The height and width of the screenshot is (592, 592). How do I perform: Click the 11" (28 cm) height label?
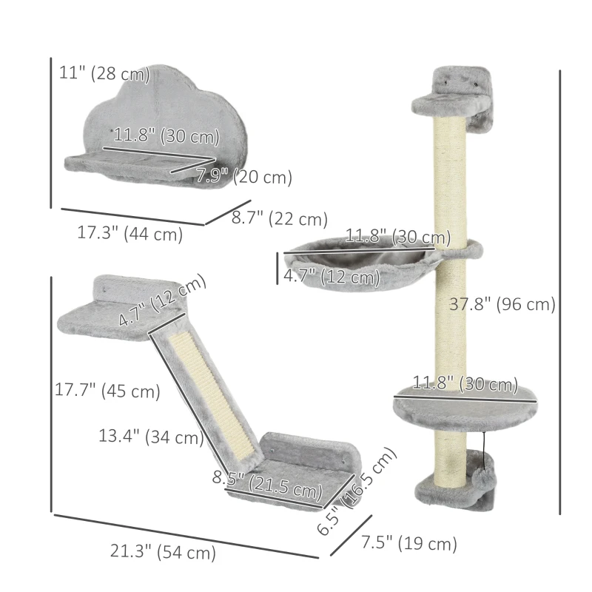click(104, 74)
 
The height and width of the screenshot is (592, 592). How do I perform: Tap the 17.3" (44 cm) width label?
click(129, 233)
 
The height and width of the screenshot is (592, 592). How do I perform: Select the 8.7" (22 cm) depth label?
click(279, 219)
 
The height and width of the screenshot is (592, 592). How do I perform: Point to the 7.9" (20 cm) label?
click(244, 178)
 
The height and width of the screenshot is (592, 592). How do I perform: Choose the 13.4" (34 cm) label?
click(151, 437)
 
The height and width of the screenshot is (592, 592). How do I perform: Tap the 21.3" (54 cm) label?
click(163, 551)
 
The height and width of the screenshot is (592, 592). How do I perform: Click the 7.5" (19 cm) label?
click(408, 545)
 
